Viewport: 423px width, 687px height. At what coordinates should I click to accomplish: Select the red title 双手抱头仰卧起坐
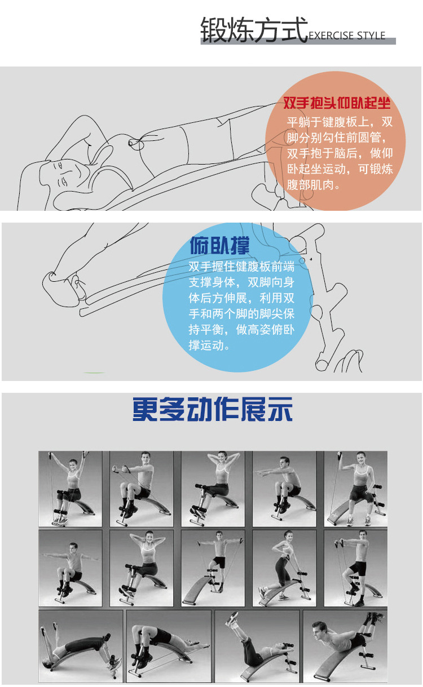[337, 103]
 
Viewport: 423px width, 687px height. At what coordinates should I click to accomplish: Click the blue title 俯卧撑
[219, 246]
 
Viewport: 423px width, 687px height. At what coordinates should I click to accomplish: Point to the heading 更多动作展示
[213, 410]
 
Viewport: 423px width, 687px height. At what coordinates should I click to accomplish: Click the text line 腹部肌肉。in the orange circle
[315, 184]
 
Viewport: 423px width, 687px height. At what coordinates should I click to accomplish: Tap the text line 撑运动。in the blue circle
[210, 345]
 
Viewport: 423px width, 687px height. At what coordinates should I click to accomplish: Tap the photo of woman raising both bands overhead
[70, 489]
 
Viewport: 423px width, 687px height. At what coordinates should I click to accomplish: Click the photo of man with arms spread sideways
[70, 568]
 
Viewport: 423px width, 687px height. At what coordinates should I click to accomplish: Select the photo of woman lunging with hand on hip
[284, 568]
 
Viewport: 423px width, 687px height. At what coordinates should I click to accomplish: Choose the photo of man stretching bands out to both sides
[213, 568]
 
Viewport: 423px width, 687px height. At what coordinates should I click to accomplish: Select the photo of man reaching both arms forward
[284, 489]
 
